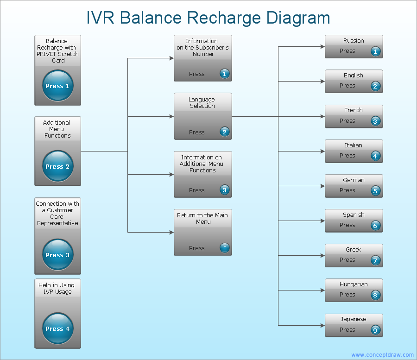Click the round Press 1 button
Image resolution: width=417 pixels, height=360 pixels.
click(57, 86)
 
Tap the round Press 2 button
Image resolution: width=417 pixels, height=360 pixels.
click(57, 166)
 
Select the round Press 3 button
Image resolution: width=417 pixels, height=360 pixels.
click(57, 255)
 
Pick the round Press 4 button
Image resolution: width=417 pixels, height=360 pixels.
click(57, 328)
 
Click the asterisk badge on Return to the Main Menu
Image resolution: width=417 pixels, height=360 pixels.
click(225, 248)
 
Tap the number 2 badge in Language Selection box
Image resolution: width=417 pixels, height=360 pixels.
click(225, 132)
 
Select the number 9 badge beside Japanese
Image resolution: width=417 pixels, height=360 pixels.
click(376, 330)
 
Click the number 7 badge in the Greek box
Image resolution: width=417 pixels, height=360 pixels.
click(376, 260)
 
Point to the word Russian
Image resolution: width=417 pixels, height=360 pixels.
click(354, 41)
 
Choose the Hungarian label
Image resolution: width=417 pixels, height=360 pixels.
click(354, 284)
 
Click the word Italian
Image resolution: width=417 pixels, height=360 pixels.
click(354, 145)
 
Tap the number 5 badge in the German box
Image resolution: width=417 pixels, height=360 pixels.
click(376, 190)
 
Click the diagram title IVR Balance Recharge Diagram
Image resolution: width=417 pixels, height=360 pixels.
click(208, 18)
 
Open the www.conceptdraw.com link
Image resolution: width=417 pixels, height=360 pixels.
click(382, 355)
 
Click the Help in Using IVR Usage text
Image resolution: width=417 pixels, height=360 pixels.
click(57, 288)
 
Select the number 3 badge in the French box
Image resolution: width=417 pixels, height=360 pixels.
click(376, 121)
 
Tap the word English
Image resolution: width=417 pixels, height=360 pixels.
click(354, 76)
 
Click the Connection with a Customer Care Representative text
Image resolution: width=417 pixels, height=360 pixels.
click(57, 213)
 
